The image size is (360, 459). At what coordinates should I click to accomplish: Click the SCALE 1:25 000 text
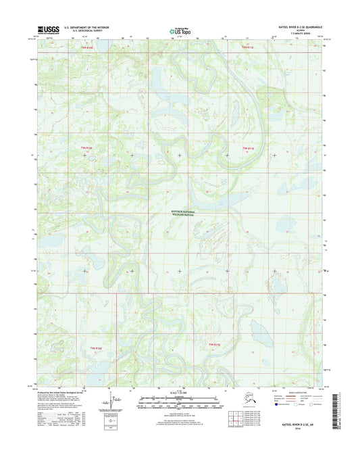coord(179,393)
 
